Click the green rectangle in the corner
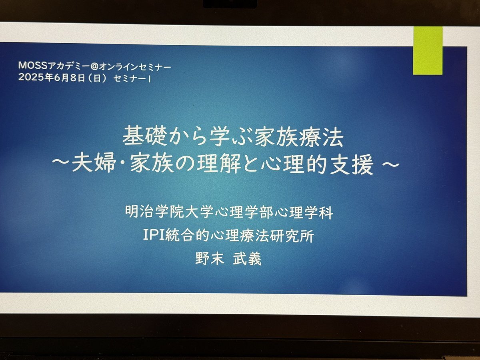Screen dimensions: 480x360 (x=428, y=50)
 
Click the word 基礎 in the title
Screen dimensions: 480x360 (x=142, y=138)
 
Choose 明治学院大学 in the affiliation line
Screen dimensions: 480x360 (x=170, y=212)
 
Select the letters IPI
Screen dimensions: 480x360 (x=154, y=236)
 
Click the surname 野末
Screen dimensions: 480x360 (x=210, y=260)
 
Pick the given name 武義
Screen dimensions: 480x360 (x=247, y=260)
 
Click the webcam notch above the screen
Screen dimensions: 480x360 (x=230, y=3)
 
